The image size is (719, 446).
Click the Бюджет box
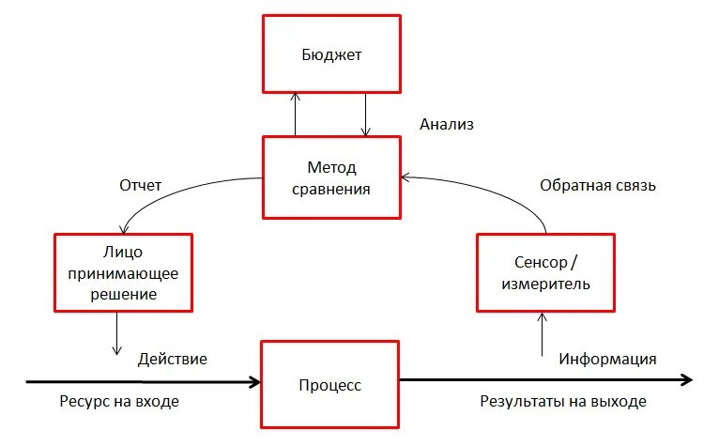[x=331, y=54]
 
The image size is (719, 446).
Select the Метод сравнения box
[x=331, y=178]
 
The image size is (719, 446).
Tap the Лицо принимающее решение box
[x=124, y=273]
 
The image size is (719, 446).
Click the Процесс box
[x=329, y=384]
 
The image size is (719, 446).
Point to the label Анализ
[x=447, y=123]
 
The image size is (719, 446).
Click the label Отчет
[x=141, y=185]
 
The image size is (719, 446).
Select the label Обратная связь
[x=597, y=185]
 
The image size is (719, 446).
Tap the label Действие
[x=173, y=359]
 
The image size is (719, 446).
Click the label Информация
[x=607, y=359]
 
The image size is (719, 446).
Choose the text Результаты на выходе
[x=563, y=402]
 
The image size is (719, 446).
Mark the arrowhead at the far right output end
[x=688, y=380]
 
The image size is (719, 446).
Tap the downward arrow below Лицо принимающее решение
[x=117, y=333]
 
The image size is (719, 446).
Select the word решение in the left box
[x=124, y=294]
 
